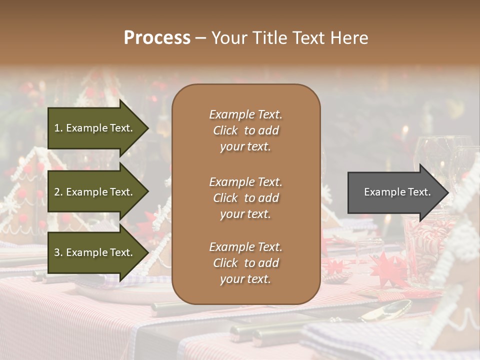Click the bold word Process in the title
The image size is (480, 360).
(157, 38)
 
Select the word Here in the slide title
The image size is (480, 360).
(349, 38)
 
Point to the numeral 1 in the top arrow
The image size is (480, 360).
(56, 128)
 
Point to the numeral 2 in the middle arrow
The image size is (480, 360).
(57, 192)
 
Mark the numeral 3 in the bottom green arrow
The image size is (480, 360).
(57, 252)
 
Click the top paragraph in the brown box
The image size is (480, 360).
(245, 130)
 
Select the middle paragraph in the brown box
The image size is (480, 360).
(245, 198)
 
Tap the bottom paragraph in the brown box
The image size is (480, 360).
(245, 263)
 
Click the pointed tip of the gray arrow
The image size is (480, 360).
(447, 192)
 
